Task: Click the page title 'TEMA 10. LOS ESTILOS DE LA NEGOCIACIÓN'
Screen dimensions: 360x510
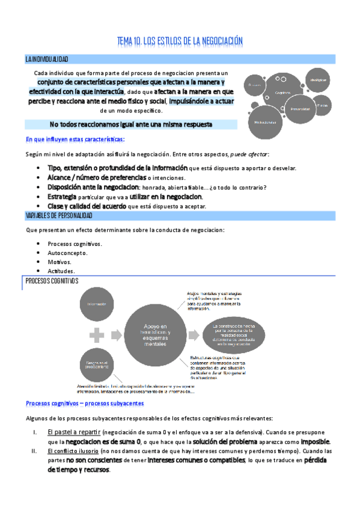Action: pyautogui.click(x=180, y=41)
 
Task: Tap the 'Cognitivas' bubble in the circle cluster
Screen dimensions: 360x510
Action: pyautogui.click(x=282, y=92)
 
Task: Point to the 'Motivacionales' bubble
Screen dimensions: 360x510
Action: pyautogui.click(x=265, y=123)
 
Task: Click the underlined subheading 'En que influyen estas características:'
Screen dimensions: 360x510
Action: pyautogui.click(x=75, y=140)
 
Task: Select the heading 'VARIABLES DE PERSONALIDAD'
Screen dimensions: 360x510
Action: pyautogui.click(x=59, y=215)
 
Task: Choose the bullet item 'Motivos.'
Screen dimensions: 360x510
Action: pyautogui.click(x=60, y=262)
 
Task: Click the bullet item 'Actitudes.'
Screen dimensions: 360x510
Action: pyautogui.click(x=62, y=272)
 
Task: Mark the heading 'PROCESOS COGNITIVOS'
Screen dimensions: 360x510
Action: pyautogui.click(x=52, y=281)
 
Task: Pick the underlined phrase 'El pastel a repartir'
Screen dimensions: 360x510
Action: pyautogui.click(x=74, y=432)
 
